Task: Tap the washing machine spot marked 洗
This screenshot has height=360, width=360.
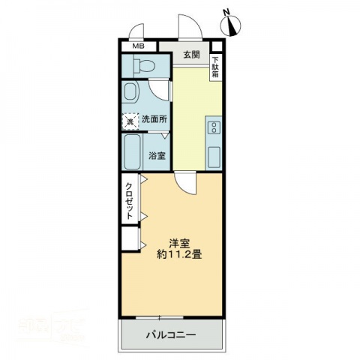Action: [130, 120]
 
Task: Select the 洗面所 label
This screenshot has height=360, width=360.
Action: [154, 118]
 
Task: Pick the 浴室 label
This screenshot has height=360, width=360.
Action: [157, 156]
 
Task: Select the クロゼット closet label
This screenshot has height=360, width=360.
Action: [130, 200]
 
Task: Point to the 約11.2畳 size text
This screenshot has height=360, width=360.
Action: [178, 255]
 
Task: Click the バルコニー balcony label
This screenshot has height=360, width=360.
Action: [170, 334]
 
